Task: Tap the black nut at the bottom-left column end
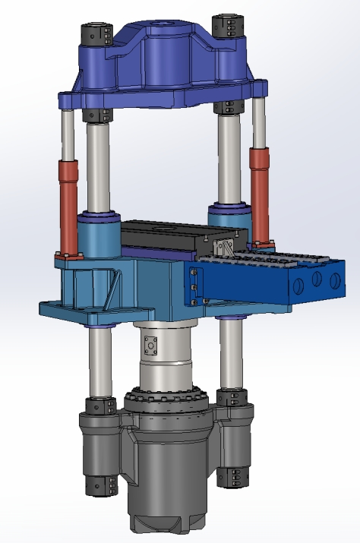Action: (100, 484)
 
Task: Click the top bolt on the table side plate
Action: (194, 273)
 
